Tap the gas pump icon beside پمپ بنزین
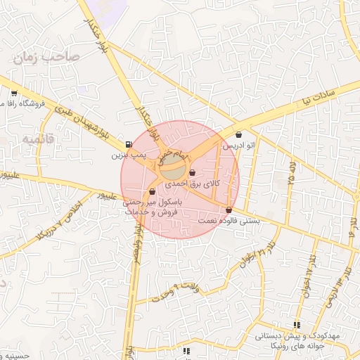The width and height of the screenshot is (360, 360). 128,146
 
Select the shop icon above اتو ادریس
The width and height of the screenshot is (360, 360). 238,135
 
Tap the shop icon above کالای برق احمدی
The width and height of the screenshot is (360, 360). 192,173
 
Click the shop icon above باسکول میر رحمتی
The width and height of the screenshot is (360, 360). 152,191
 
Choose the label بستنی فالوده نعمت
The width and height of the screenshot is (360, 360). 230,220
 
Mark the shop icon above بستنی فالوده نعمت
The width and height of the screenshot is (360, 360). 229,210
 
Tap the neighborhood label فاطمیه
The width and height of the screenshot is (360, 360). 37,140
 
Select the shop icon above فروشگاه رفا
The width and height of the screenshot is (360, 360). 14,94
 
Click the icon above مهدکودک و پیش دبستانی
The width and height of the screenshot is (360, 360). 297,326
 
